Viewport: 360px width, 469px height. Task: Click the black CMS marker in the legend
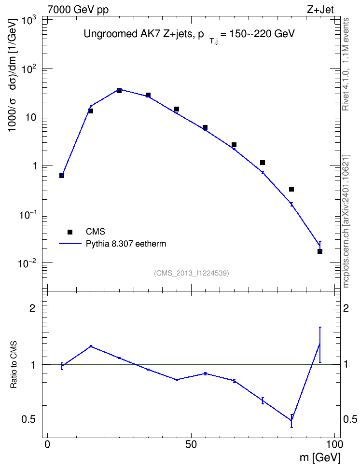(x=70, y=232)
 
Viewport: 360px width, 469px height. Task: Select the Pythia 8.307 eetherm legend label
(x=125, y=244)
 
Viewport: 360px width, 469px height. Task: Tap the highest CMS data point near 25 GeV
(x=119, y=90)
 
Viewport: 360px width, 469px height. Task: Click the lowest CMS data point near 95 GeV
(x=320, y=251)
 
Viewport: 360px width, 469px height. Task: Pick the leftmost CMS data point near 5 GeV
(x=62, y=176)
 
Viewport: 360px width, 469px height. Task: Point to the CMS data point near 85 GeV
(x=291, y=189)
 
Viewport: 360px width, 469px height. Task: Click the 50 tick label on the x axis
(x=191, y=444)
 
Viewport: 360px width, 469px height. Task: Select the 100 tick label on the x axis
(x=333, y=444)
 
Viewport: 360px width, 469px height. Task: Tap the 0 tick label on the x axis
(x=47, y=444)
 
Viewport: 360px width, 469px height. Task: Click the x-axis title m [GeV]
(x=320, y=457)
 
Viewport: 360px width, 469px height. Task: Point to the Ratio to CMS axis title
(x=14, y=365)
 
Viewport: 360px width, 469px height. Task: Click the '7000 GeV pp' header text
(x=78, y=10)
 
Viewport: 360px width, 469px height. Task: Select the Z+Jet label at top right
(x=320, y=9)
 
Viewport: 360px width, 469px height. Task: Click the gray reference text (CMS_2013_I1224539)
(x=192, y=273)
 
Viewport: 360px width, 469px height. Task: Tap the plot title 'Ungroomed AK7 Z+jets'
(x=138, y=34)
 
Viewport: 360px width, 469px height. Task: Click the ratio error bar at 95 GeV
(x=320, y=345)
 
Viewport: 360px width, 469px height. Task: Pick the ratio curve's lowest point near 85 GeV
(x=291, y=421)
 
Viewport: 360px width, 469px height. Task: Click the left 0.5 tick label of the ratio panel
(x=28, y=420)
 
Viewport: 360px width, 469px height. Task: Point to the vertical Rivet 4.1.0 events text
(x=346, y=64)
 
